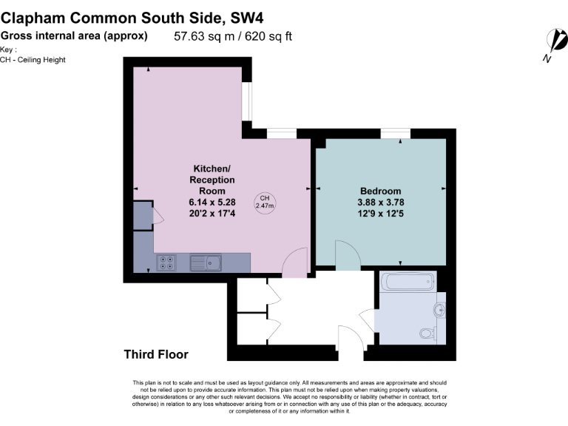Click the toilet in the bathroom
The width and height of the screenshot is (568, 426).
427,332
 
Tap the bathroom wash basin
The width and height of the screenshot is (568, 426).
441,308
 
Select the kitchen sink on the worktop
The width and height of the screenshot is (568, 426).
205,262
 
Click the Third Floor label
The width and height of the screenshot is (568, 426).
156,354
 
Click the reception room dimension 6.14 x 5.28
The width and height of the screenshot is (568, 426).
212,201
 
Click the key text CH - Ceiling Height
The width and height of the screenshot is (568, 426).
33,59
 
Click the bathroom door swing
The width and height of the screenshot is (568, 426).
368,319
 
